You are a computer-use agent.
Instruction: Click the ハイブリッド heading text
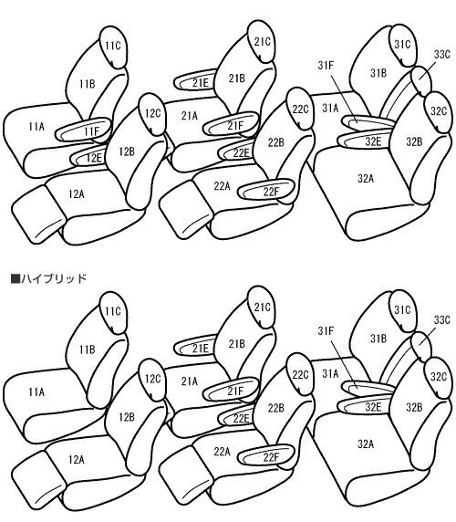[x=54, y=278]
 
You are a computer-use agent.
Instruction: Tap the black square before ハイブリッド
[x=16, y=278]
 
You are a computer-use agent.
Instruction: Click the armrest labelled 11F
[x=83, y=130]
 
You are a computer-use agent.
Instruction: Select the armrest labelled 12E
[x=88, y=158]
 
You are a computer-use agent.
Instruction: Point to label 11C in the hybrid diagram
[x=113, y=311]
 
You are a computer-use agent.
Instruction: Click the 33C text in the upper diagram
[x=441, y=54]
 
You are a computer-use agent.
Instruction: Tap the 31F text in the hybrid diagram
[x=326, y=331]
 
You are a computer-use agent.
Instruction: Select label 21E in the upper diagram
[x=201, y=83]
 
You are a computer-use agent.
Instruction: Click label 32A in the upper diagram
[x=366, y=179]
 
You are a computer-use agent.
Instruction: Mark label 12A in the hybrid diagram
[x=77, y=460]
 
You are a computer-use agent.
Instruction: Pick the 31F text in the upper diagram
[x=326, y=66]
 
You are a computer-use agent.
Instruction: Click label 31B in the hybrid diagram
[x=378, y=339]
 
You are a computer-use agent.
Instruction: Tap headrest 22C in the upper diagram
[x=300, y=109]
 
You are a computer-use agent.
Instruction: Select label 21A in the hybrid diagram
[x=190, y=381]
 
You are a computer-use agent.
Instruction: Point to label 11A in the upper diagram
[x=36, y=127]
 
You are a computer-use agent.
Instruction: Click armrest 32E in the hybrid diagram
[x=364, y=406]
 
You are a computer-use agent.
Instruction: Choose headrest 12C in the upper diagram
[x=152, y=114]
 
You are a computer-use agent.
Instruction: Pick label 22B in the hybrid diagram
[x=276, y=408]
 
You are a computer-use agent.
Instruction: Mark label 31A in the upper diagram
[x=330, y=108]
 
